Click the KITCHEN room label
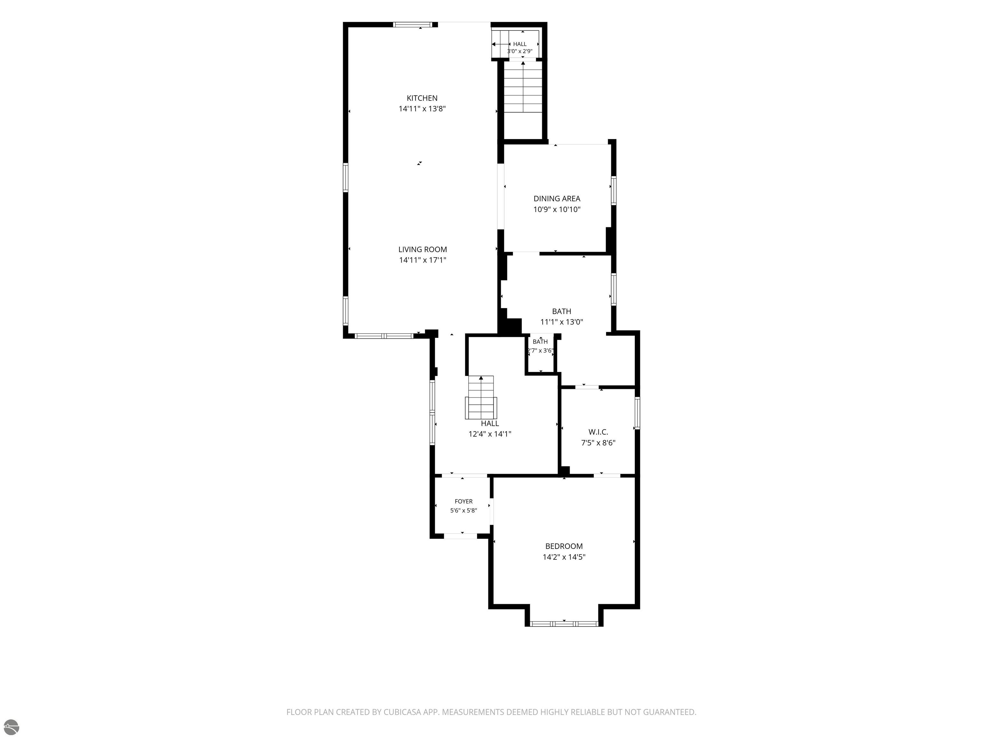(422, 98)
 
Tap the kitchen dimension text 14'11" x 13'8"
(422, 109)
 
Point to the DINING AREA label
(557, 199)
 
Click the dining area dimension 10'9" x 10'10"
(557, 209)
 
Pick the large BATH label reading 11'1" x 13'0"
(562, 312)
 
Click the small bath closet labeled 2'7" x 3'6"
(540, 346)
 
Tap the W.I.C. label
(598, 432)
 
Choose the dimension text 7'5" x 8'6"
(598, 442)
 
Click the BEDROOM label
(564, 546)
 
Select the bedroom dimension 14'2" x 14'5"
(564, 557)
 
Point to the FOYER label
(464, 502)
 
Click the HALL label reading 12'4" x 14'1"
(490, 424)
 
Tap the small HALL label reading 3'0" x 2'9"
(520, 44)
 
